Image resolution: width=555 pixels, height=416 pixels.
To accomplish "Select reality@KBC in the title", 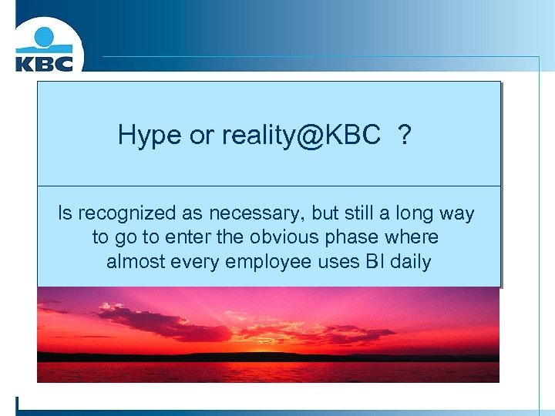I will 301,136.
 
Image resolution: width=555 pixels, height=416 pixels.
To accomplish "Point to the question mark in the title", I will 404,136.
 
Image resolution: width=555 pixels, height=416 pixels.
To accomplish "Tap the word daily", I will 411,262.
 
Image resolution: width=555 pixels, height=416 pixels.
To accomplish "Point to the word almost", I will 135,261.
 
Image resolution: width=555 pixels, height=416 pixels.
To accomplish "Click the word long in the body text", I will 414,214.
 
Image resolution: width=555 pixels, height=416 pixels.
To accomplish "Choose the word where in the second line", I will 414,237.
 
